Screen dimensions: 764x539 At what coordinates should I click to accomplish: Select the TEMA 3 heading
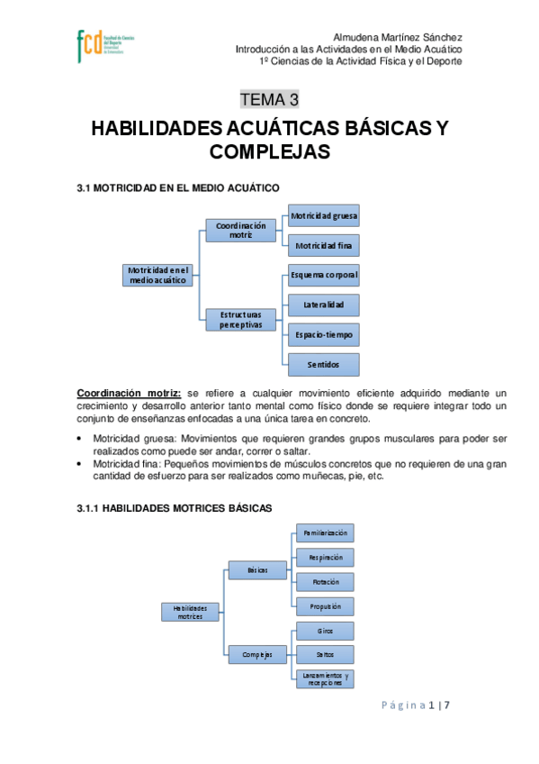click(269, 99)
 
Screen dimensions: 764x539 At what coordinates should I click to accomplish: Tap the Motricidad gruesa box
click(324, 216)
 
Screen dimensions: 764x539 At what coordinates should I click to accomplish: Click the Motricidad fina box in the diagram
click(324, 245)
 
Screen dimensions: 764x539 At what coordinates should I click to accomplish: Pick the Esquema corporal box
click(324, 275)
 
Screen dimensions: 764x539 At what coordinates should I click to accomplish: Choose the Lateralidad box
click(324, 305)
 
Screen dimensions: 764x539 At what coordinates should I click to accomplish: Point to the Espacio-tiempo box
click(324, 334)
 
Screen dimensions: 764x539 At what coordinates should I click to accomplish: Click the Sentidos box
click(324, 364)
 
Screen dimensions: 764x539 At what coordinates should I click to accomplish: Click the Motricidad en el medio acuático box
click(158, 275)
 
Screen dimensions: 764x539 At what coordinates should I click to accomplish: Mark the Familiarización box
click(325, 533)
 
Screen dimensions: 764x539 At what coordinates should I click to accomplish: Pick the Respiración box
click(325, 558)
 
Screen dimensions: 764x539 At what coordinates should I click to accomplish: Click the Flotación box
click(325, 582)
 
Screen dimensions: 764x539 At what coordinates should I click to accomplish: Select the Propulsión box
click(325, 606)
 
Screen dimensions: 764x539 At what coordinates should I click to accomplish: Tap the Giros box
click(325, 631)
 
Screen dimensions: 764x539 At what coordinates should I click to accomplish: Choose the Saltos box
click(325, 654)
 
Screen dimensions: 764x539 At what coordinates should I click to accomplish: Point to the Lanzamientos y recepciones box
click(325, 678)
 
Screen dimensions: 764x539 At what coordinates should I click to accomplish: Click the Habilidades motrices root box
click(190, 612)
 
